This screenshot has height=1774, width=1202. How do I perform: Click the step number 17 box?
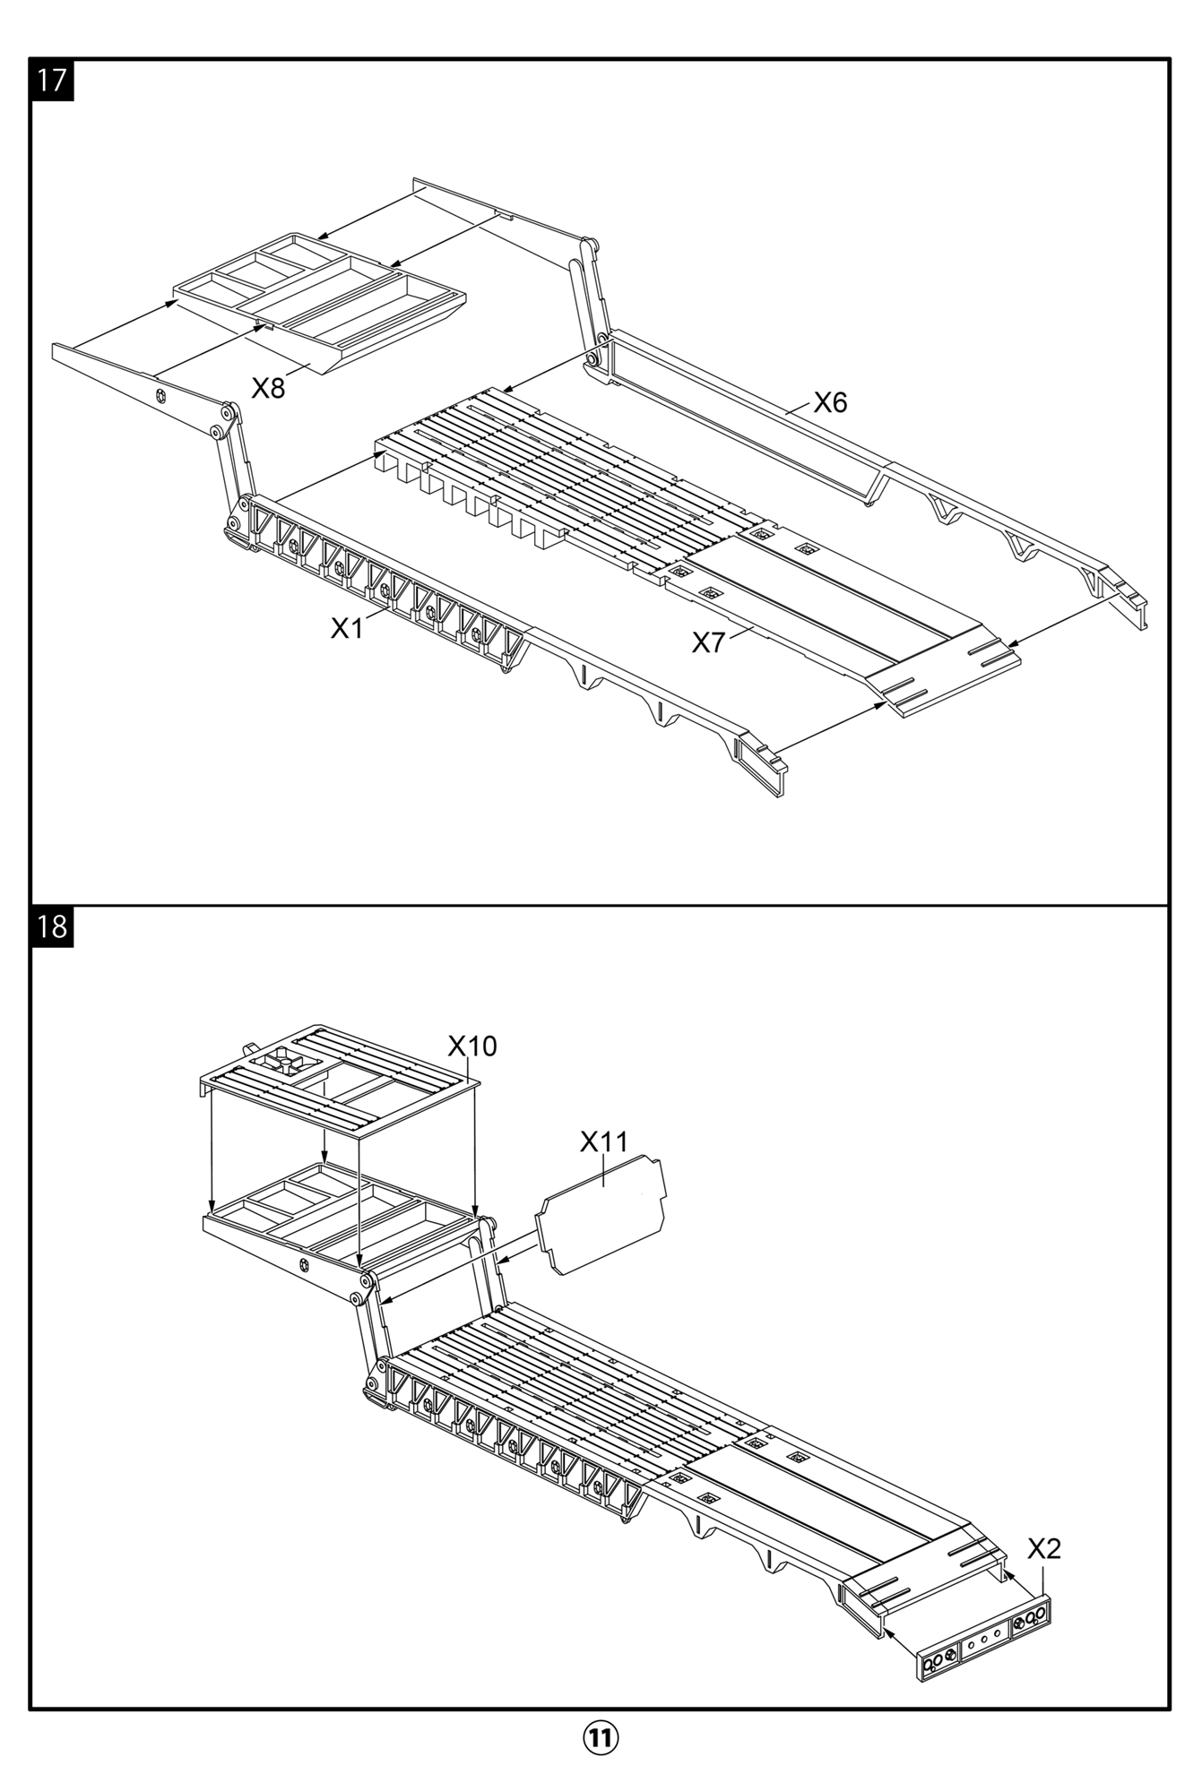[53, 80]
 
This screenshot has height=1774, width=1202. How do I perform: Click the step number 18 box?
[53, 926]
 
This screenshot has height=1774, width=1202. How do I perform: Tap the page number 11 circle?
[601, 1737]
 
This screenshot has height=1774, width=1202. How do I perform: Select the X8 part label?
[268, 388]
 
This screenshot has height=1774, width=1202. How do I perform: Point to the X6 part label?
[830, 402]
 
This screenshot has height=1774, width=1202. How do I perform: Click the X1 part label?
[347, 629]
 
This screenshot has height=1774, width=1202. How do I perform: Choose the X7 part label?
[708, 642]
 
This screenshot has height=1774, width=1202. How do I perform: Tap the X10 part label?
[472, 1046]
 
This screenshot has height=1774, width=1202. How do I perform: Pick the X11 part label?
[604, 1141]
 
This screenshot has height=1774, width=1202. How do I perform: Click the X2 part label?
[1044, 1548]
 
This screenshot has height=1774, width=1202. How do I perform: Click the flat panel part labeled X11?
[602, 1214]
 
